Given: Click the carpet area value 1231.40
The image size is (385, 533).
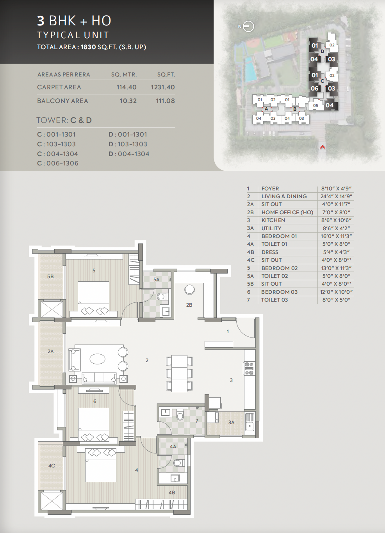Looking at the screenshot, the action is [163, 87].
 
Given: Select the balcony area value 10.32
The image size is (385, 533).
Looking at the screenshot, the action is [128, 101].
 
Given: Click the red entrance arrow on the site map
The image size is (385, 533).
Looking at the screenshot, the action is [323, 147].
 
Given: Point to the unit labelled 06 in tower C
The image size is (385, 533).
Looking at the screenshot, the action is [315, 89].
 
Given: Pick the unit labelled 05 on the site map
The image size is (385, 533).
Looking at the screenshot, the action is [315, 105].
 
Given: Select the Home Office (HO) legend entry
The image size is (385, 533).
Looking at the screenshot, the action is [287, 212].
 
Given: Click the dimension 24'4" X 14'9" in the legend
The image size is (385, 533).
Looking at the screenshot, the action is [336, 196].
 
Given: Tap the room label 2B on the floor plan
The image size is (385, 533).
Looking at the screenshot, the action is [189, 305].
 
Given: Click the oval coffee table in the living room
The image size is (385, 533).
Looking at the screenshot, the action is [97, 359].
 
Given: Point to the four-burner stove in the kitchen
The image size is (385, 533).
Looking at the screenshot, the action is [249, 369].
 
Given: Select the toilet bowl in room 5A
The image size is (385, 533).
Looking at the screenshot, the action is [162, 297].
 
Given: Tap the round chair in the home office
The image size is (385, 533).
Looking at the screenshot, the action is [189, 290].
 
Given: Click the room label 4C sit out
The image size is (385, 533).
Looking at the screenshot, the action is [52, 465].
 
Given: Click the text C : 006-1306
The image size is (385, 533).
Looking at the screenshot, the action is [58, 163].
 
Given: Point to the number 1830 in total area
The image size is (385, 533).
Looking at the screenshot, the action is [88, 47].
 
